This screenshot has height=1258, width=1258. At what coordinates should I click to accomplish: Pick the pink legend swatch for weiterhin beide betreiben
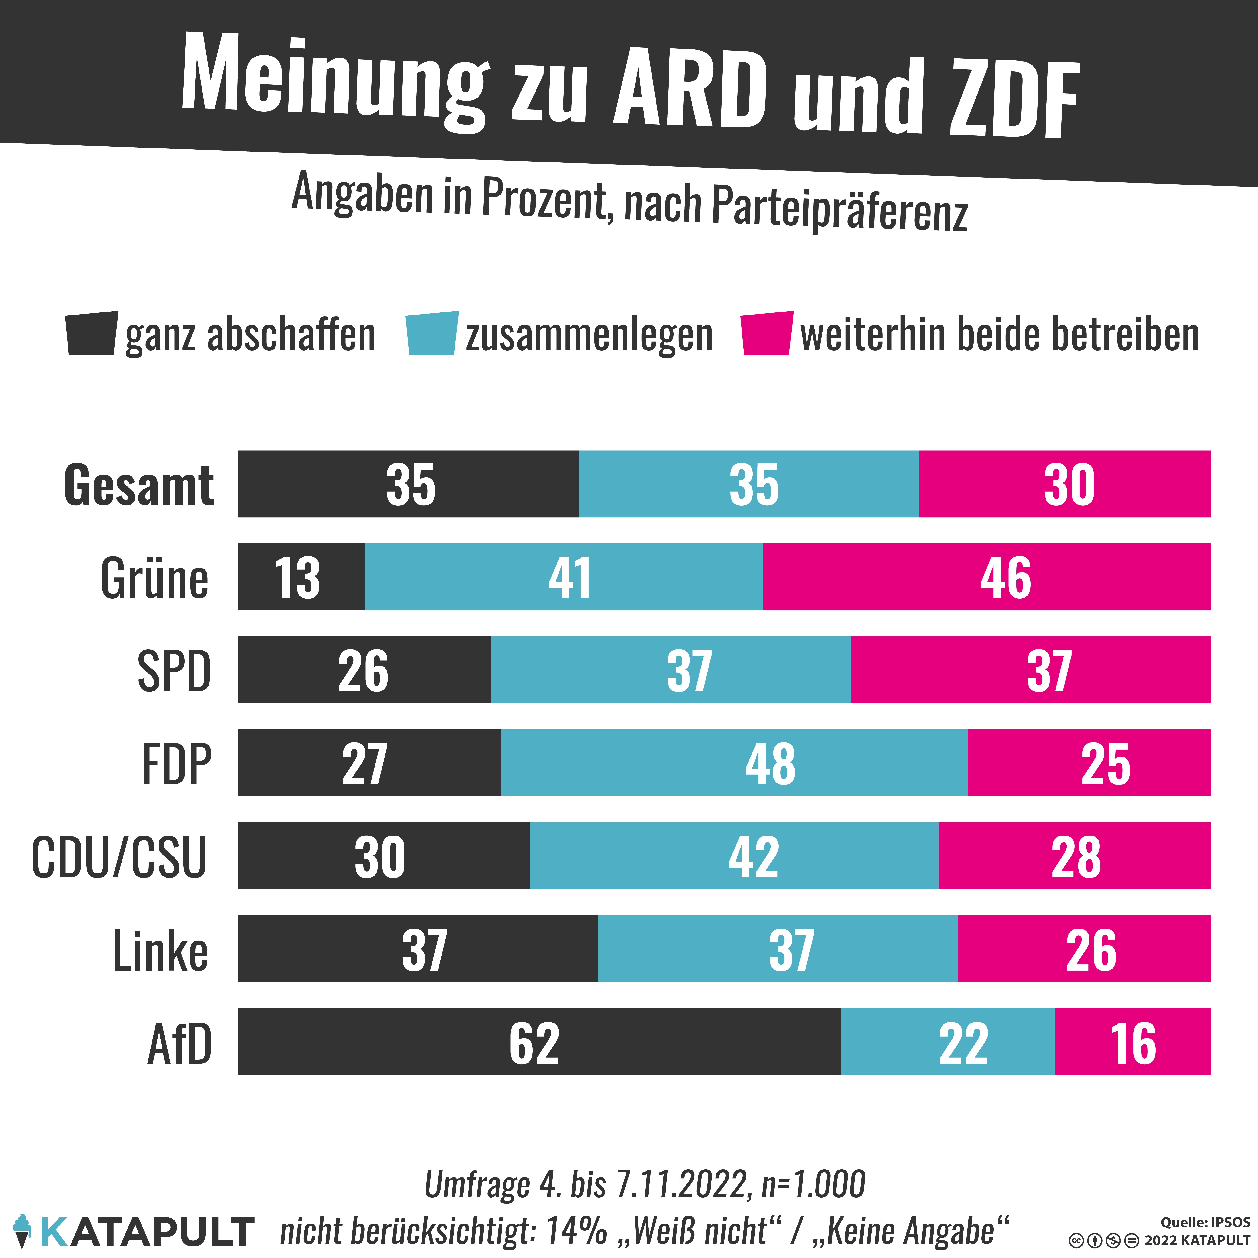pyautogui.click(x=767, y=333)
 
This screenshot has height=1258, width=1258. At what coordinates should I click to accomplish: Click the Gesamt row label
pyautogui.click(x=139, y=485)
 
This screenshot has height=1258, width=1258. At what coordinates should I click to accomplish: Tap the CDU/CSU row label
pyautogui.click(x=119, y=857)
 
